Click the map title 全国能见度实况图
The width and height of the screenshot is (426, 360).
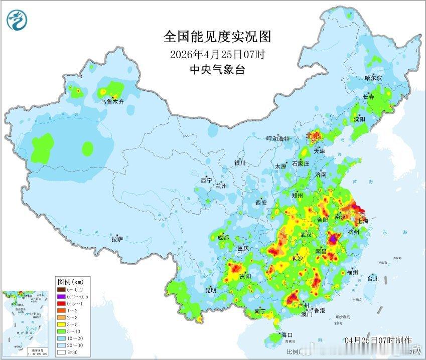pos(217,37)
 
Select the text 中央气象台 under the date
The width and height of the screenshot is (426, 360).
pos(217,70)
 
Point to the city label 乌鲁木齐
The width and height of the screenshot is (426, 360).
pos(111,102)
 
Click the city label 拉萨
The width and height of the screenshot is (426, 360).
pos(117,239)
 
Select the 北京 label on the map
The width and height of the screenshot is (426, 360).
pos(313,135)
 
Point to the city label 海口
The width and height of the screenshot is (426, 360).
pos(287,334)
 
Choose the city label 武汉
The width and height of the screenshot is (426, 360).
pos(306,235)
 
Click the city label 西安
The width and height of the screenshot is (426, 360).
pos(261,203)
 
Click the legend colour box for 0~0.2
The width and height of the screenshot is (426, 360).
pos(62,289)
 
